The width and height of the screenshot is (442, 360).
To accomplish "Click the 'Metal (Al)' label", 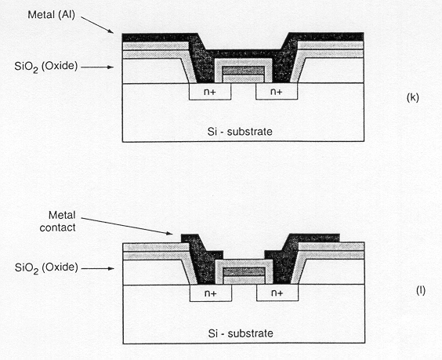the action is pos(51,15).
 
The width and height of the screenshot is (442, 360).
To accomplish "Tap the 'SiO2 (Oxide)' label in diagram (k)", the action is pos(46,67).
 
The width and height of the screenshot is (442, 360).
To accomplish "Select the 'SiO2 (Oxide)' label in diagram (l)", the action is pos(46,267).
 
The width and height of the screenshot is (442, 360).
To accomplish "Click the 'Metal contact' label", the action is pos(58,221).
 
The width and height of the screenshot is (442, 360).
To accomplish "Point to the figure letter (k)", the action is pos(413,97).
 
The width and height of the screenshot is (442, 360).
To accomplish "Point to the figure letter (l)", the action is pos(421,291).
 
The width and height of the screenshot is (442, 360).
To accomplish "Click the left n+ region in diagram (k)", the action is pos(210,92).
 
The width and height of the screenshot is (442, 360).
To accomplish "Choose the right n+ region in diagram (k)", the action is pos(277,92).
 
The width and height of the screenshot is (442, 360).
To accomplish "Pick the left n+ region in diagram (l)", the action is pos(211,293).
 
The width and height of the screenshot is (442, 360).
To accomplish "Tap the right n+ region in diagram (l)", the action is pos(277,293).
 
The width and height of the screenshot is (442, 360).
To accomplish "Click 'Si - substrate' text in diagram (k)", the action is pos(240,132).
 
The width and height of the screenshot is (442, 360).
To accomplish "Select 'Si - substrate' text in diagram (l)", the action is pos(241,333).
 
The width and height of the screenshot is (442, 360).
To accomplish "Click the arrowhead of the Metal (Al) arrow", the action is pos(110,31).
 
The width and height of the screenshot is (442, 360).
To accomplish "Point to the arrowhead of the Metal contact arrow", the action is pos(169,233).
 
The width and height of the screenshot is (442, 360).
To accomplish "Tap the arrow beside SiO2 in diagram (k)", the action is pos(97,67).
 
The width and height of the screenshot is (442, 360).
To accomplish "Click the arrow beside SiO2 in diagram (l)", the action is pos(97,268).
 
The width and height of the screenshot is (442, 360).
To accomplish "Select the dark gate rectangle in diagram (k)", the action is pos(244,71).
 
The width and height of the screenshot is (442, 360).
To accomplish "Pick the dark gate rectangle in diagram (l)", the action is pos(244,271).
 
